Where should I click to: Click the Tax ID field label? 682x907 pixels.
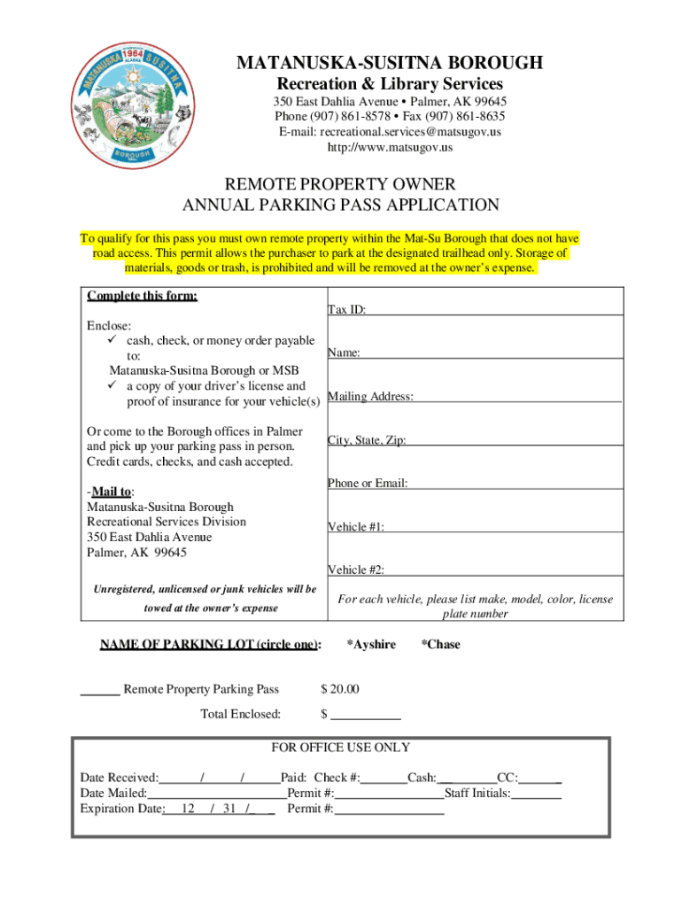(347, 310)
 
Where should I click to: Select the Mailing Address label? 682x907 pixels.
(370, 397)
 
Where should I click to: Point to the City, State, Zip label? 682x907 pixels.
(367, 440)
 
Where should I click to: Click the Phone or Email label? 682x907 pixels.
(368, 484)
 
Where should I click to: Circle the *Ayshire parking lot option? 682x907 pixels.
(370, 645)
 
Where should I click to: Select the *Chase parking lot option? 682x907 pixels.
(440, 645)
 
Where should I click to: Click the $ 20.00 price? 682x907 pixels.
(339, 690)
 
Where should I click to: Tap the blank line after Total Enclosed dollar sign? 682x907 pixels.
(366, 715)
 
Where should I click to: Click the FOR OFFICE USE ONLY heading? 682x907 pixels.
(341, 748)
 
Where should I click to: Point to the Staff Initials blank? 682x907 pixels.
(537, 794)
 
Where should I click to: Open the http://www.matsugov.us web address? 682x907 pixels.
(389, 147)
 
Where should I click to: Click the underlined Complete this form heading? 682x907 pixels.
(142, 296)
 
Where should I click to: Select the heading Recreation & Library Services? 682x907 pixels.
(389, 84)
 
